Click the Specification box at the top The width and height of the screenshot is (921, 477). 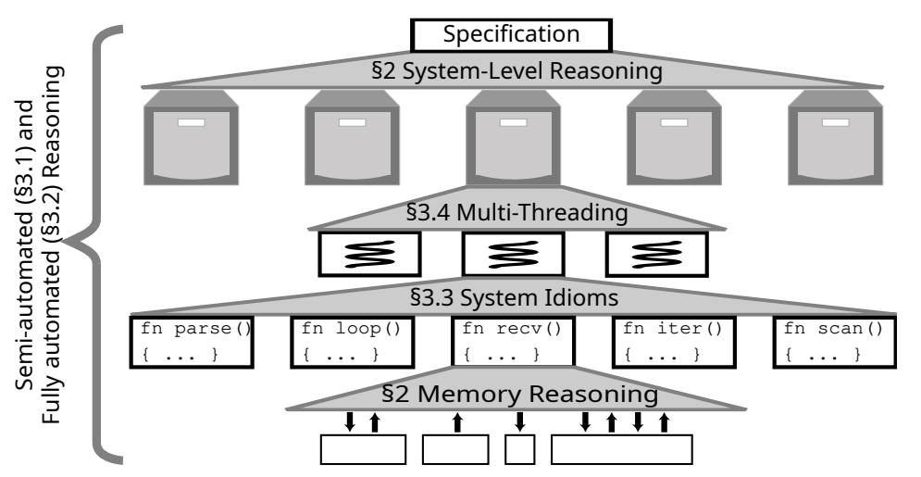[511, 35]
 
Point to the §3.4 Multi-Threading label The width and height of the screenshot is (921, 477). [512, 213]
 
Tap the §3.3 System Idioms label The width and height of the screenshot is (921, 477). [512, 299]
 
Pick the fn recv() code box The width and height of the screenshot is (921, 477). [512, 342]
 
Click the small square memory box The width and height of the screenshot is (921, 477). [520, 450]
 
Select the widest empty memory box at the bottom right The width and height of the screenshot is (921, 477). [622, 450]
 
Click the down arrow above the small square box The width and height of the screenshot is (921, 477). [519, 422]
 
